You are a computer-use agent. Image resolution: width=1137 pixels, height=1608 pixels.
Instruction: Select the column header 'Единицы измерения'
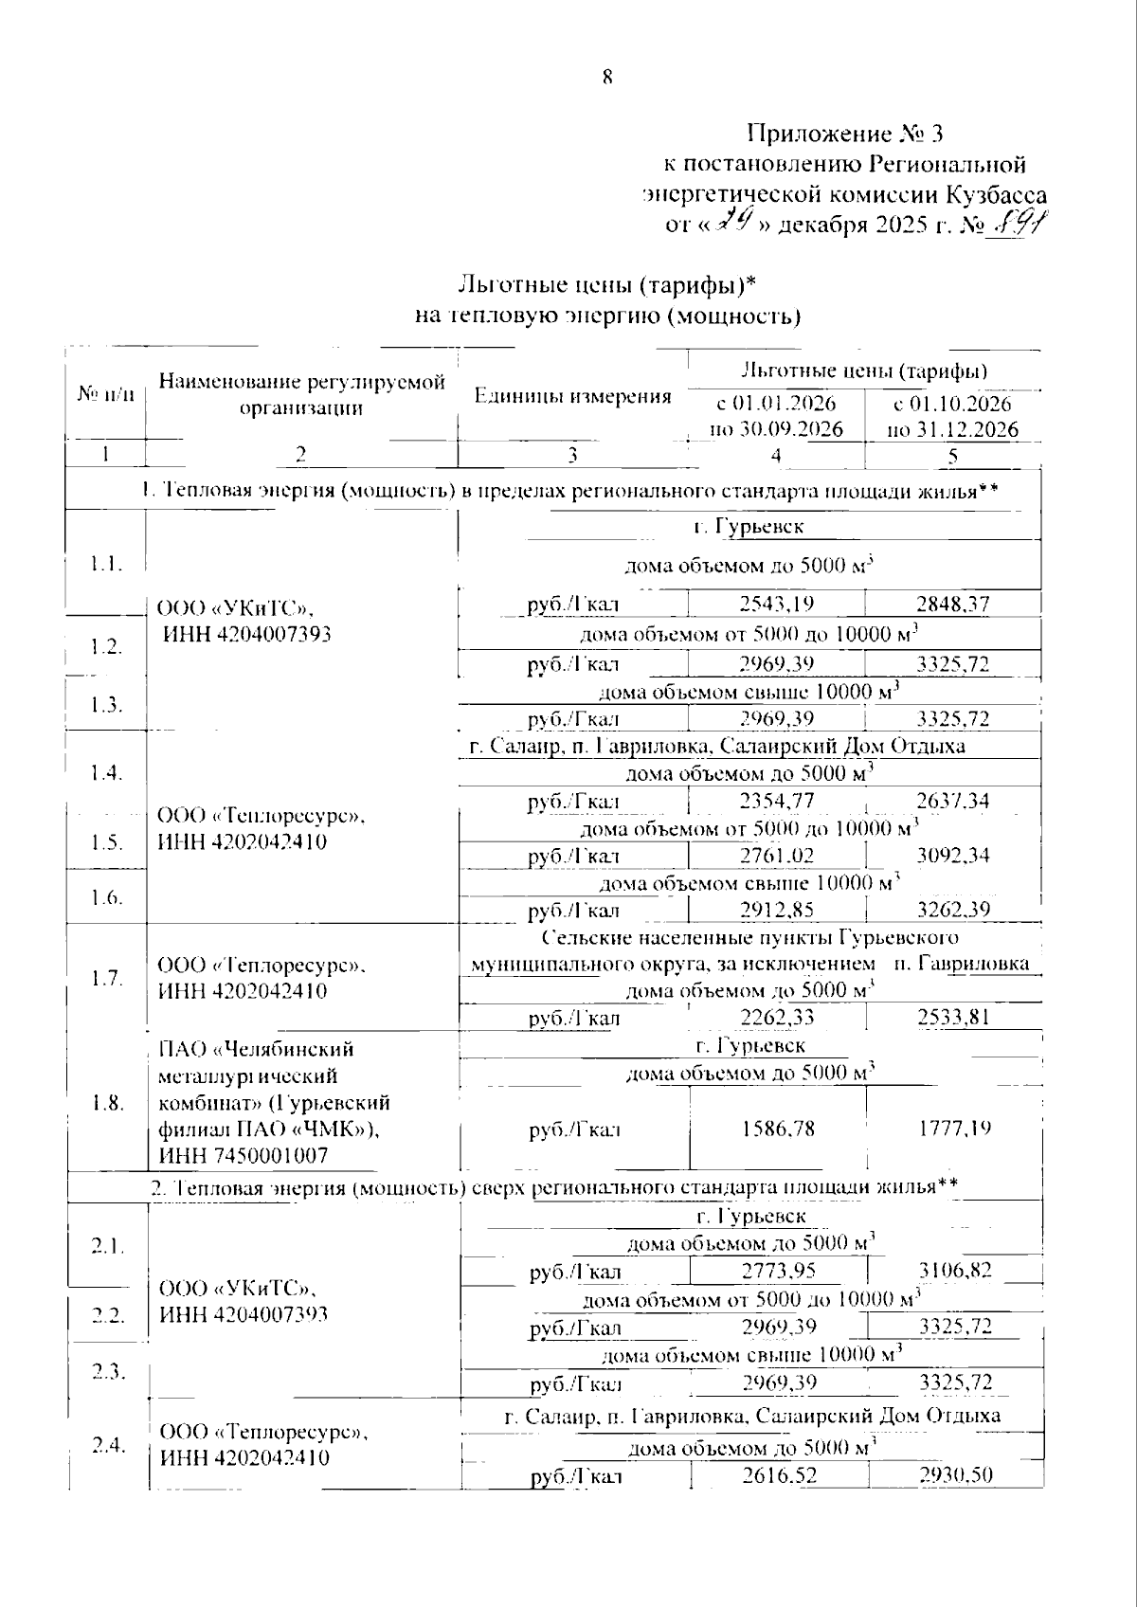click(x=572, y=396)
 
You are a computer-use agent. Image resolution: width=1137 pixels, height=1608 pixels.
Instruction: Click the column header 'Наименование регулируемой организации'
click(x=301, y=395)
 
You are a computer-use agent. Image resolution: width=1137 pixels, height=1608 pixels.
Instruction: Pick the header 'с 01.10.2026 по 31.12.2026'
click(x=952, y=416)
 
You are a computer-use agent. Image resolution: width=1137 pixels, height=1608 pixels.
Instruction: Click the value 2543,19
click(x=776, y=605)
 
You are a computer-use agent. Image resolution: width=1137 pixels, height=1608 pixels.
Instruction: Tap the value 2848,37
click(x=953, y=605)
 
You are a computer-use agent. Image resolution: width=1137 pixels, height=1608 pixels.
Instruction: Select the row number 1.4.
click(x=107, y=773)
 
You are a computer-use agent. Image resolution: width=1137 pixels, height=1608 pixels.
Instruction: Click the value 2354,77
click(x=776, y=802)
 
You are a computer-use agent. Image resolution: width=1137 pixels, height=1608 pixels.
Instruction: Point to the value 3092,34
click(x=953, y=856)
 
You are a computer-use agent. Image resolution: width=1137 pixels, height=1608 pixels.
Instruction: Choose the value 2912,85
click(x=776, y=911)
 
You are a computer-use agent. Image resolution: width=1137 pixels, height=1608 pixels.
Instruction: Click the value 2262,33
click(x=776, y=1019)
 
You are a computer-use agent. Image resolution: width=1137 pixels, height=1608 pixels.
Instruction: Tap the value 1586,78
click(x=778, y=1129)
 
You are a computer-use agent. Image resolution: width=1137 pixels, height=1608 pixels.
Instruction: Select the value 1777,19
click(x=954, y=1129)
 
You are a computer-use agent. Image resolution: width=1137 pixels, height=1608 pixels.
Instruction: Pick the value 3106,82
click(x=955, y=1271)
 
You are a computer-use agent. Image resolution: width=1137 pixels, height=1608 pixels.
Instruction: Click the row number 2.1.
click(x=108, y=1246)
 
